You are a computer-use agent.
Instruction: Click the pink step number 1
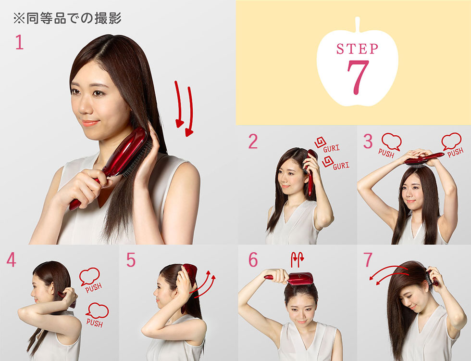[x=19, y=43]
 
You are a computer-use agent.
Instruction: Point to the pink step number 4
[x=11, y=260]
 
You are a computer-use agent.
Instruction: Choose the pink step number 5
[x=131, y=260]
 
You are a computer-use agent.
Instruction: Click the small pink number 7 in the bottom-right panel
[x=368, y=260]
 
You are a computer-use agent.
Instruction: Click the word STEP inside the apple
[x=357, y=49]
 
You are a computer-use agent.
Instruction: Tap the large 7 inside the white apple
[x=358, y=77]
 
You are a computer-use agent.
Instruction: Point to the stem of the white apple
[x=358, y=24]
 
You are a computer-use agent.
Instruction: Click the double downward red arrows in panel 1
[x=184, y=108]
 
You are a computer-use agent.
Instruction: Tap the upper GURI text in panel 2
[x=331, y=149]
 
